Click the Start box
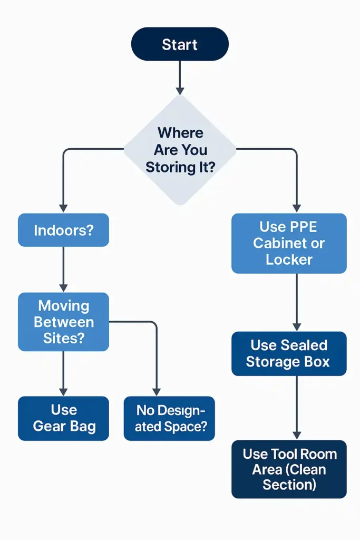180,44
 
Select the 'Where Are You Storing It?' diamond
180,150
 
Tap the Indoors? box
63,230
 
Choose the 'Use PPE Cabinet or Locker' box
289,243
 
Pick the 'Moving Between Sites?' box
63,322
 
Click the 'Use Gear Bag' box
63,418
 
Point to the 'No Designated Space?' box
169,418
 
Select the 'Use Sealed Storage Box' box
289,353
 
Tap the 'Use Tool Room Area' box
289,469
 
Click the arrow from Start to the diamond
180,77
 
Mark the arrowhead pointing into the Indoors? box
63,208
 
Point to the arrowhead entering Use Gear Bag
63,391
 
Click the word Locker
289,259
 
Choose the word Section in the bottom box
289,485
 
